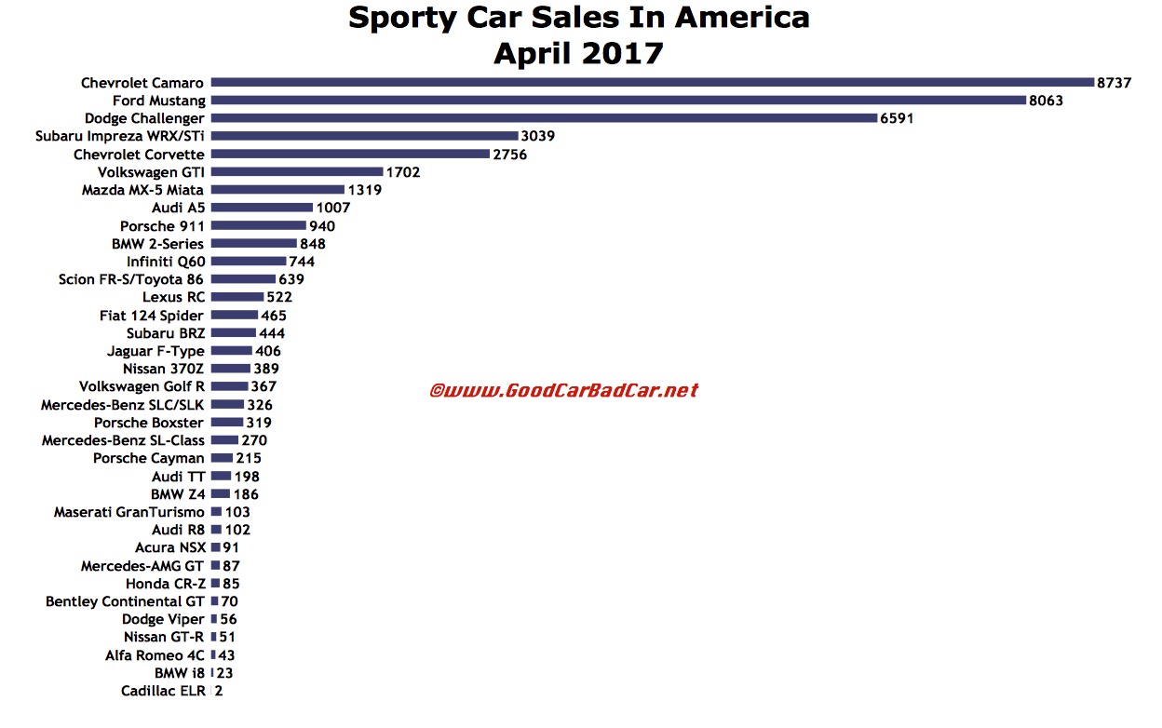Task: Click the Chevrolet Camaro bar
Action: (652, 83)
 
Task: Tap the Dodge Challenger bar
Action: (544, 118)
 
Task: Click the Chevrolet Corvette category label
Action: (142, 155)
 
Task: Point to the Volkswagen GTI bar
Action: (297, 172)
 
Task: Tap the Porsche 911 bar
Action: (258, 225)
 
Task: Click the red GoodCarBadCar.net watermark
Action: (563, 390)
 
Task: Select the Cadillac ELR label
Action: (163, 691)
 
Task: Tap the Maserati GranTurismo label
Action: (129, 512)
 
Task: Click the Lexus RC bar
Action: (236, 297)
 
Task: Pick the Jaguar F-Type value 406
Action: (268, 351)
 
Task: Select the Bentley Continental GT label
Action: (125, 601)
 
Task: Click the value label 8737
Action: (1114, 83)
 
